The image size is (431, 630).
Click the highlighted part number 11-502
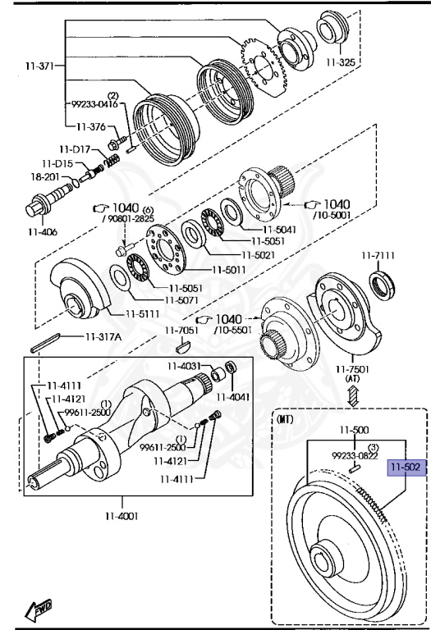pos(406,468)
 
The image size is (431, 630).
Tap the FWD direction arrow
pos(39,609)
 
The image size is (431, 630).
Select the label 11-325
pos(341,62)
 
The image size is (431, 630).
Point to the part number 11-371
pos(39,66)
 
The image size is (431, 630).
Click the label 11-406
pos(43,232)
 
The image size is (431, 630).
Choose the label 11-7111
pos(378,255)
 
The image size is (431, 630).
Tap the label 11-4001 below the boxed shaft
pos(122,516)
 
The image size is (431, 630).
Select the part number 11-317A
pos(103,336)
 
